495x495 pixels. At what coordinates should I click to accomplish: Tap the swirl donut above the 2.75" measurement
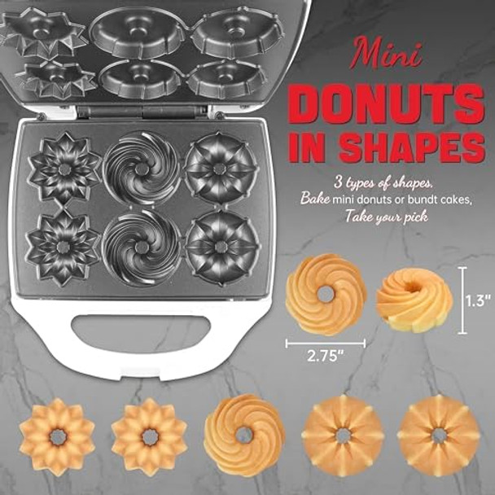326,295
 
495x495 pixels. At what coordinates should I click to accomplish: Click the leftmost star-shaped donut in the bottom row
58,436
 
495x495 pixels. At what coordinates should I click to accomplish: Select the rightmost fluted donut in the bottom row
439,435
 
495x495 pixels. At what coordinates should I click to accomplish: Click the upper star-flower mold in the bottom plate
63,168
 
